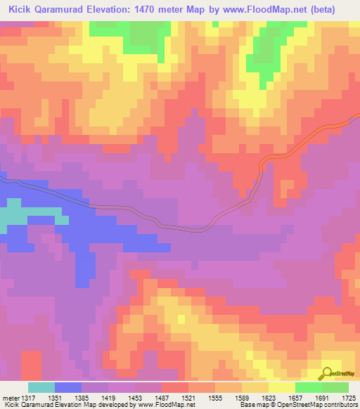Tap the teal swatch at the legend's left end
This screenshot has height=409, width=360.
pos(41,387)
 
